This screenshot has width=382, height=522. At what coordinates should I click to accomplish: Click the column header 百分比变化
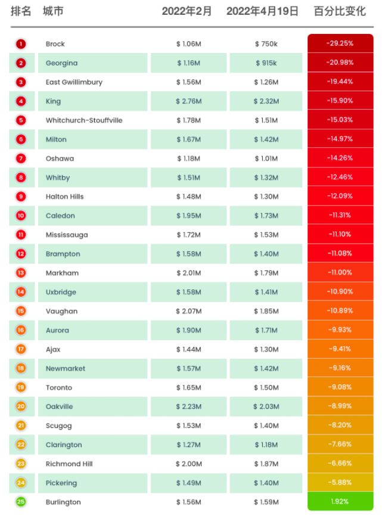coord(340,11)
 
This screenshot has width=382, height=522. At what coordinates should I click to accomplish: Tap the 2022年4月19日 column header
coord(262,11)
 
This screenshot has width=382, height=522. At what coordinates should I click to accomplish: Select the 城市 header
coord(54,11)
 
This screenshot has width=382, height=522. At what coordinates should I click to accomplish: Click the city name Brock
coord(55,44)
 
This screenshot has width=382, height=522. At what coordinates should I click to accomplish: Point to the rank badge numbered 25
coord(21,502)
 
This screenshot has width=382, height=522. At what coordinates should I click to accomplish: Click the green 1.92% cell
coord(340,502)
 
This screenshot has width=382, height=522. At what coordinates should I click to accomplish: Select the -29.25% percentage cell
coord(340,44)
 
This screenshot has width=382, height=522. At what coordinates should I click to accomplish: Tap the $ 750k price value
coord(265,44)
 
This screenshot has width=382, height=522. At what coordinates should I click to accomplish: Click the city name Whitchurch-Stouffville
coord(84,120)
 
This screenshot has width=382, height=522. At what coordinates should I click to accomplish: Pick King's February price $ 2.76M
coord(189,101)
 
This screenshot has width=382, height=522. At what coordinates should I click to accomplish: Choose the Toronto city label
coord(59,387)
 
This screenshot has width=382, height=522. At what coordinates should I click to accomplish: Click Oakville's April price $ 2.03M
coord(266,406)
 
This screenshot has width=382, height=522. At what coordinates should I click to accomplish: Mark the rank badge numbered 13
coord(21,273)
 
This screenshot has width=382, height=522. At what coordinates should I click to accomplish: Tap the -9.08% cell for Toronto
coord(340,387)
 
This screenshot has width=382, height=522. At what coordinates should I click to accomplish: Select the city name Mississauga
coord(67,235)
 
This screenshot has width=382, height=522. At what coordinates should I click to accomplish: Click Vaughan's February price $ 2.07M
coord(189,311)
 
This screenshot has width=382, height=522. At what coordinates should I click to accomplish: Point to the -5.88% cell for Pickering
coord(340,483)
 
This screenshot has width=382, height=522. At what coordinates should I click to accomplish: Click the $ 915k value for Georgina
coord(265,63)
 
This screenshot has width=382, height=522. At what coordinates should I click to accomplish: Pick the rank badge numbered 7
coord(21,159)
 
